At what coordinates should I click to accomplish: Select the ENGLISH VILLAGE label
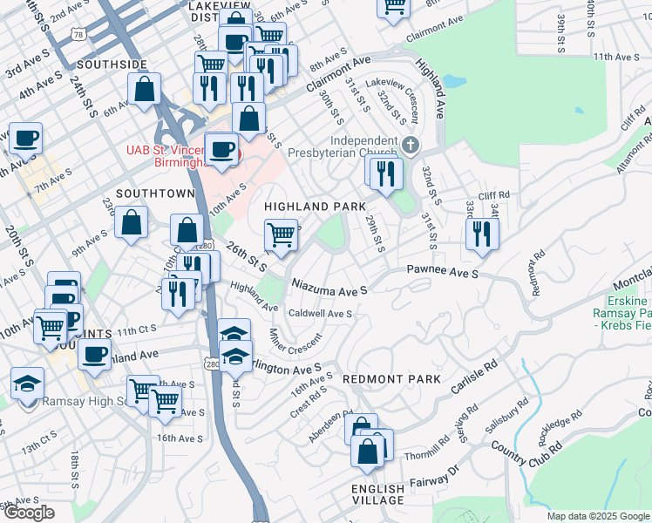pos(378,494)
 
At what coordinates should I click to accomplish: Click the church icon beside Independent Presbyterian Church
pos(412,144)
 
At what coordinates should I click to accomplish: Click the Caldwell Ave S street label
pos(320,313)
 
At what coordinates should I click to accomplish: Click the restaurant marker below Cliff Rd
pos(481,234)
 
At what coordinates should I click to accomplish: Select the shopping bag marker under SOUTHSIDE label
pos(144,88)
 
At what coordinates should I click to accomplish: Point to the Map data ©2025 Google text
pos(596,516)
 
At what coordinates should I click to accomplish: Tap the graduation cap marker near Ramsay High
pos(27,383)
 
